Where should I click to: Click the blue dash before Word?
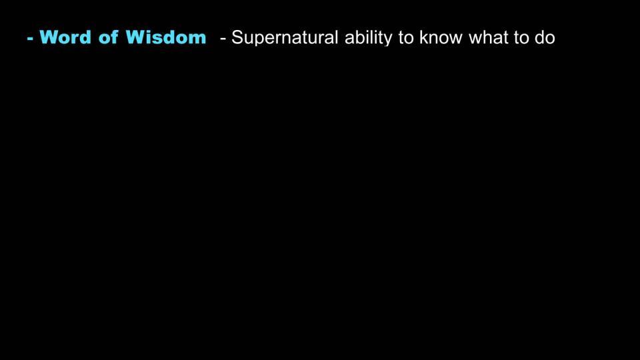coord(30,39)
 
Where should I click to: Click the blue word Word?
coord(65,37)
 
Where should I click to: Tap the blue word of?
coord(109,37)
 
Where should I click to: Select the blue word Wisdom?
coord(166,37)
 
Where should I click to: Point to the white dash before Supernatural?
coord(223,39)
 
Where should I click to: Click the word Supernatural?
coord(285,38)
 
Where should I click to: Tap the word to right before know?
coord(406,38)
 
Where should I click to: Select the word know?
coord(441,37)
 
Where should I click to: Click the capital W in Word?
coord(49,37)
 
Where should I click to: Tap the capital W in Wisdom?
coord(135,37)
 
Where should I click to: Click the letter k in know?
coord(424,37)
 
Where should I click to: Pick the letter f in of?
coord(114,37)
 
